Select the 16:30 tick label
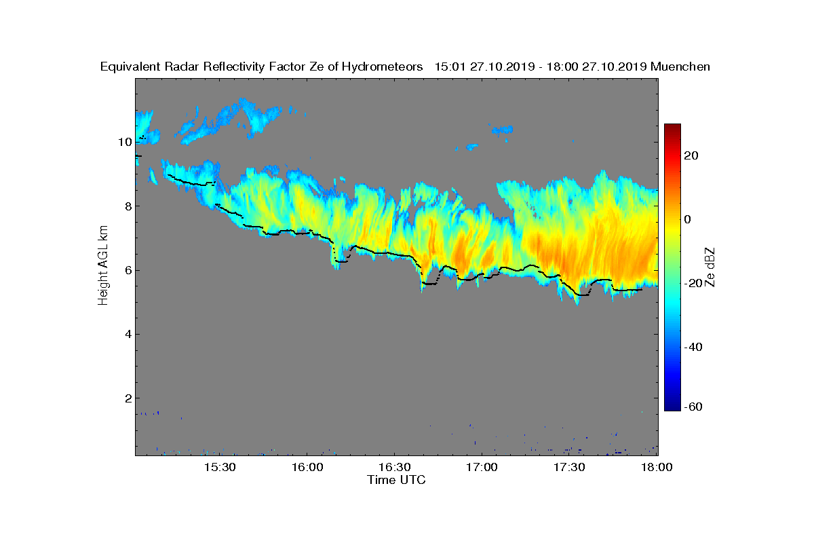tap(394, 467)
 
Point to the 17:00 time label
tap(482, 467)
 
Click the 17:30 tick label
tap(569, 467)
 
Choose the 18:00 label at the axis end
tap(656, 467)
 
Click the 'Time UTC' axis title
tap(397, 480)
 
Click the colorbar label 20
tap(692, 156)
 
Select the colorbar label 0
tap(687, 220)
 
